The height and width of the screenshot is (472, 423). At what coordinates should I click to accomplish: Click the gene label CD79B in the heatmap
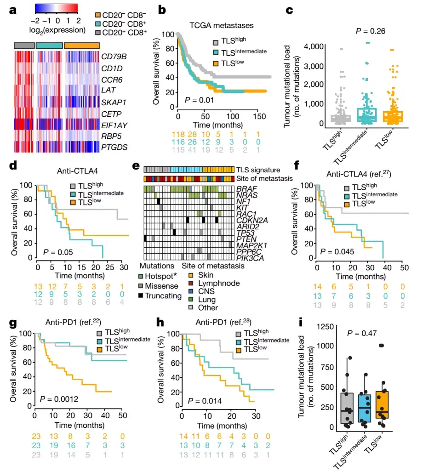click(114, 57)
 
